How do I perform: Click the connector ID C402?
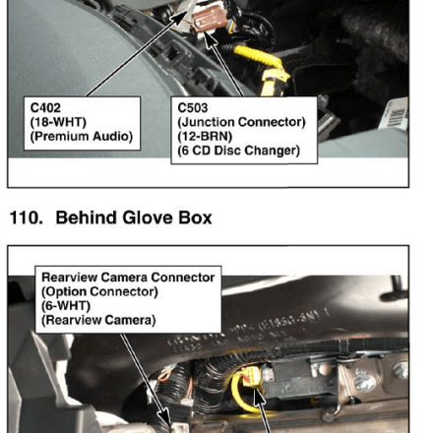45,108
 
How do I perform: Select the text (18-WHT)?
58,122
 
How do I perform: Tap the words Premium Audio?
82,136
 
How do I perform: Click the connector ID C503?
193,108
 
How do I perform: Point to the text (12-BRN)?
205,136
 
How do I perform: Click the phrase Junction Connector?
241,122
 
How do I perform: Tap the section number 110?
27,217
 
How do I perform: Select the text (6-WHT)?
66,306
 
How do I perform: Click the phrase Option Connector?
99,291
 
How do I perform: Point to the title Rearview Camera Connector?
128,278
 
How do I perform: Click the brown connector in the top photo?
209,18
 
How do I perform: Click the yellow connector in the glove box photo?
251,377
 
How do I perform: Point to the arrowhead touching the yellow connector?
260,397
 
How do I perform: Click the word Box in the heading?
196,217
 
